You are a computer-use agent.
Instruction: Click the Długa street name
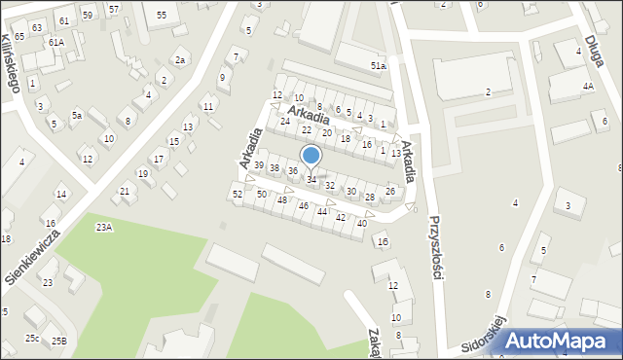595,54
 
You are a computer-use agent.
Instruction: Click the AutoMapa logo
563,341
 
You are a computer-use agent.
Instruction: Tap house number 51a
378,65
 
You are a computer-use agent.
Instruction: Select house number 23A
103,227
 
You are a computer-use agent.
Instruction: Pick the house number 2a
180,60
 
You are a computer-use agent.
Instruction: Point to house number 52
238,195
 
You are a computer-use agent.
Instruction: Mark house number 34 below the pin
311,180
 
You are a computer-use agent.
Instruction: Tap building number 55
161,15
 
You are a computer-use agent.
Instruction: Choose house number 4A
588,87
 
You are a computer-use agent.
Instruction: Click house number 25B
59,341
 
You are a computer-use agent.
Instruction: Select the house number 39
258,165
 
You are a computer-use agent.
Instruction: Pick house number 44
322,211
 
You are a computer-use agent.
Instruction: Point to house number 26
389,191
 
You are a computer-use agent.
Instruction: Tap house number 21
124,191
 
